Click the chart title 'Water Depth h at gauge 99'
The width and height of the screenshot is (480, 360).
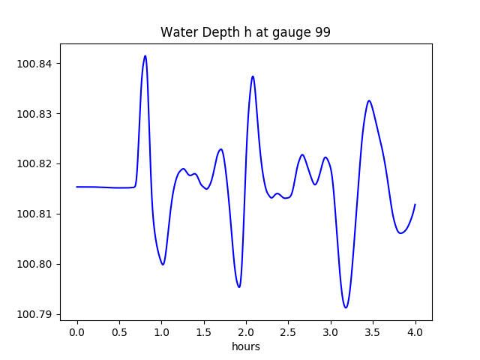(x=245, y=32)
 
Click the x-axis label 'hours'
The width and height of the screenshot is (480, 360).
(x=245, y=346)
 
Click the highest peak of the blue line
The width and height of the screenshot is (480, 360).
(x=145, y=55)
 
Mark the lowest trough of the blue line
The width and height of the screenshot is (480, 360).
(x=346, y=307)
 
